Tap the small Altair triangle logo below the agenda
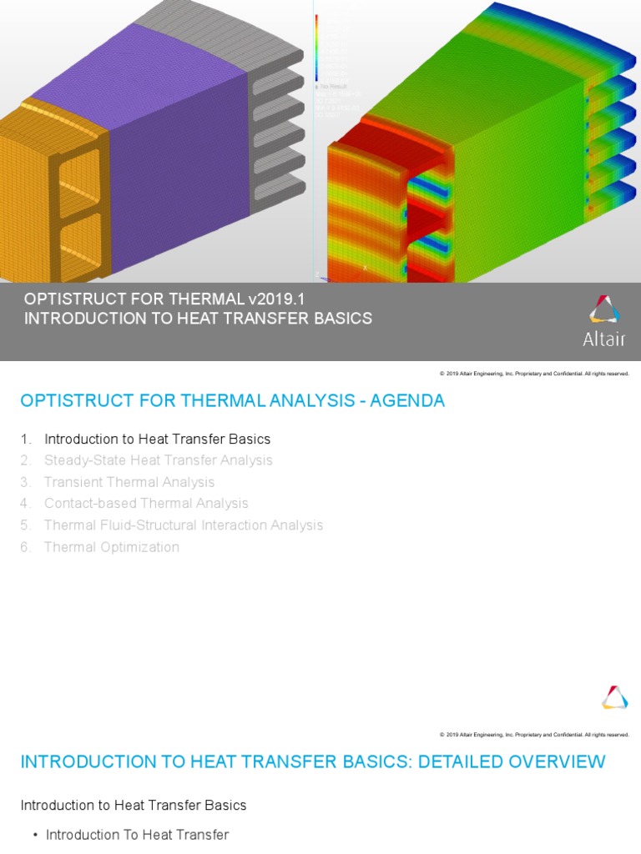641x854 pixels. click(x=614, y=697)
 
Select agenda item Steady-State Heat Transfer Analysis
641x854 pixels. click(x=158, y=460)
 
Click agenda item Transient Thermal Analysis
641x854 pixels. click(x=129, y=482)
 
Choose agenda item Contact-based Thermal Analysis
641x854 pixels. click(x=146, y=504)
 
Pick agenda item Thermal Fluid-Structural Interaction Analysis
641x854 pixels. click(x=183, y=525)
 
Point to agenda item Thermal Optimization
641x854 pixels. click(x=111, y=547)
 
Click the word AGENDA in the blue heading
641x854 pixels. click(x=407, y=401)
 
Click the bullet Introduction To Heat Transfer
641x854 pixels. click(x=137, y=835)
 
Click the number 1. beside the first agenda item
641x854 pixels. click(x=26, y=439)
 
